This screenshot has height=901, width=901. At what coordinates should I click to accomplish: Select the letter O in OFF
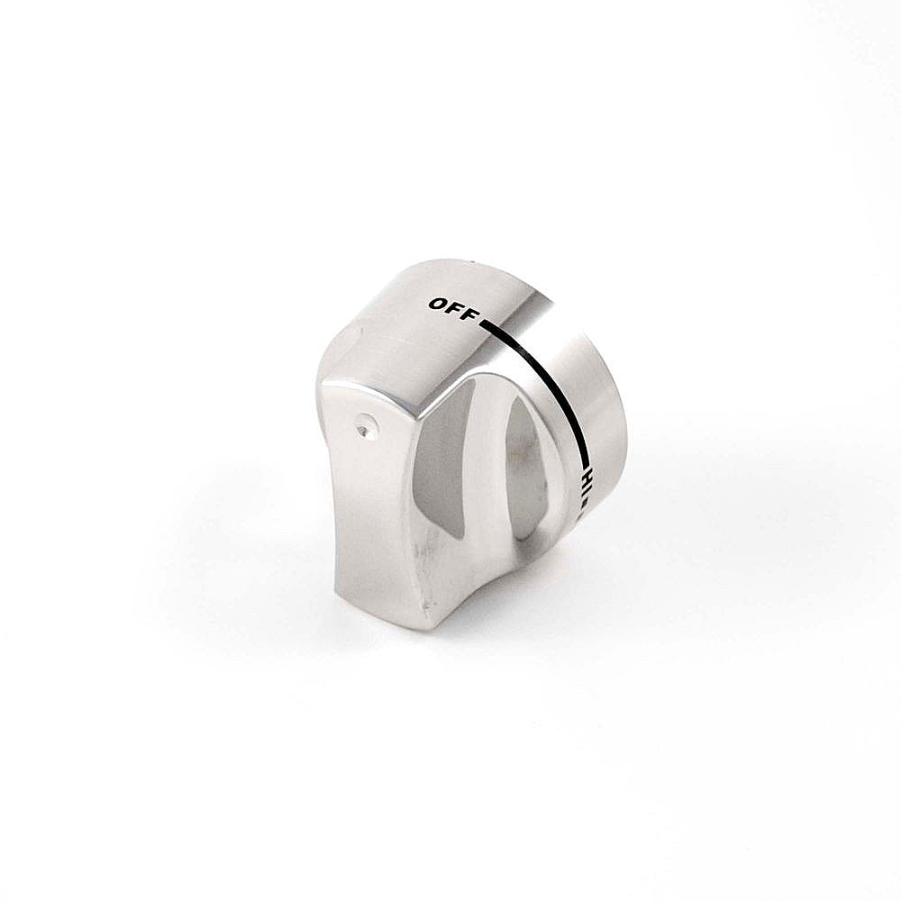pyautogui.click(x=438, y=304)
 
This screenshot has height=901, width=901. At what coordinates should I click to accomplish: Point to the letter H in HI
pyautogui.click(x=587, y=476)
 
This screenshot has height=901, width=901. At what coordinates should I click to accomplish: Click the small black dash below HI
pyautogui.click(x=585, y=501)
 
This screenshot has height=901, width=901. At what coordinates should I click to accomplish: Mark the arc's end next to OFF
pyautogui.click(x=483, y=323)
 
